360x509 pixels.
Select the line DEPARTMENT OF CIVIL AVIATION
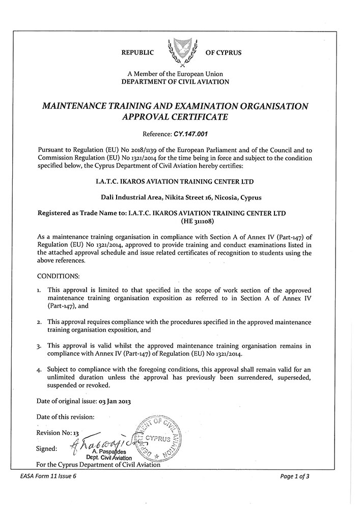[179, 81]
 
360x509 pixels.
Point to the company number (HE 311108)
[199, 221]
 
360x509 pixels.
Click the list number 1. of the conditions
[40, 290]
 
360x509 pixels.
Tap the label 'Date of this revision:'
[66, 417]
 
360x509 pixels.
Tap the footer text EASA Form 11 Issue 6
[46, 476]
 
